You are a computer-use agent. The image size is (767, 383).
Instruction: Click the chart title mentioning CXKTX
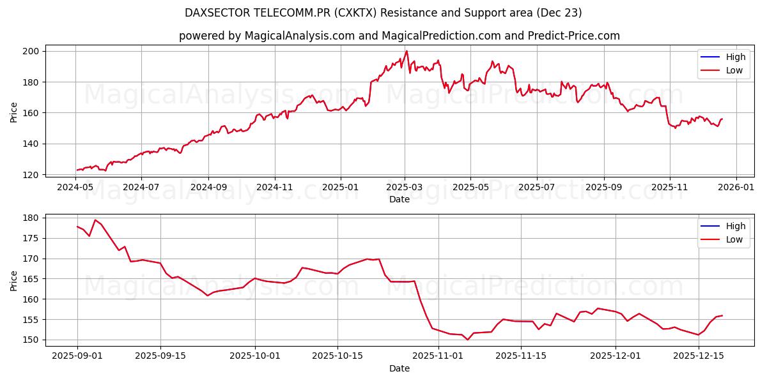[383, 13]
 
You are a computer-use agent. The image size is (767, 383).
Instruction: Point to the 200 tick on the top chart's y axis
[32, 51]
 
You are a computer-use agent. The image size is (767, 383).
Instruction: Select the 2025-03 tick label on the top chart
[405, 188]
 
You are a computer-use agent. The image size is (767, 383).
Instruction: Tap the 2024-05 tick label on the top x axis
[75, 188]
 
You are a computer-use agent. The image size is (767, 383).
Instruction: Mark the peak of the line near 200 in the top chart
[407, 51]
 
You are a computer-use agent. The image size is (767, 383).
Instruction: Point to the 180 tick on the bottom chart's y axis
[32, 218]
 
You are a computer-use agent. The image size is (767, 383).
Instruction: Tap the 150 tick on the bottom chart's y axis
[32, 340]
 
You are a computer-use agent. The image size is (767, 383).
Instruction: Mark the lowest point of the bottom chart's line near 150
[467, 340]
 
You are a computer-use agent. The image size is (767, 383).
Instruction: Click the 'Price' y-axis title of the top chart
[14, 112]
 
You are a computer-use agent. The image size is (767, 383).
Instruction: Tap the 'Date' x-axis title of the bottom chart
[399, 368]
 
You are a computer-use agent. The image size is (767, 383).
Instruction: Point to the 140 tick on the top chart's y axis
[32, 144]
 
